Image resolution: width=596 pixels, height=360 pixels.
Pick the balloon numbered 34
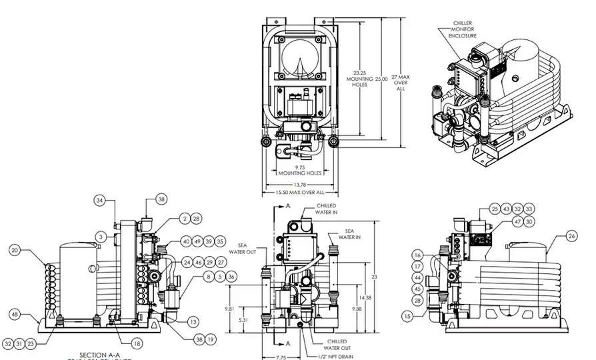[100, 199]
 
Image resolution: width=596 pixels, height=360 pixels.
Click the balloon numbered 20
[15, 250]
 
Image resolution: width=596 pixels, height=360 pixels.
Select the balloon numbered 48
[15, 313]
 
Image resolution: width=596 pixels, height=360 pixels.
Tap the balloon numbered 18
[137, 343]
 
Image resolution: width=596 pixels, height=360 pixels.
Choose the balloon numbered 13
[193, 321]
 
